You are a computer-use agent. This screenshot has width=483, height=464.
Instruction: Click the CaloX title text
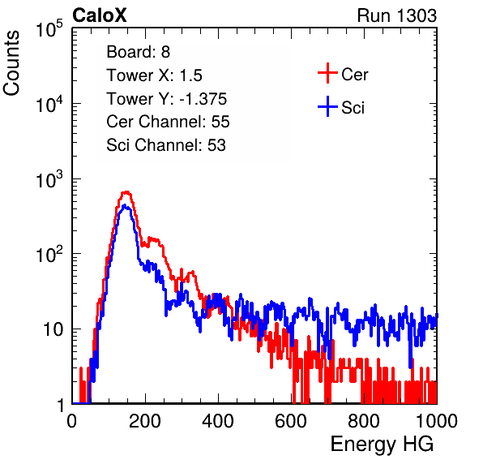99,15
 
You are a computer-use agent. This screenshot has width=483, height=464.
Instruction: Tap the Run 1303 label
397,15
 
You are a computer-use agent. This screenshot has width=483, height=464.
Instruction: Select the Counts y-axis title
11,63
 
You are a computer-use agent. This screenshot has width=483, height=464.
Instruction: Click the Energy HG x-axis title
382,445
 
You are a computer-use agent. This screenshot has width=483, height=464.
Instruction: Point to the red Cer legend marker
327,73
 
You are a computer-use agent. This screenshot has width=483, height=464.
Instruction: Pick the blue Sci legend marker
327,107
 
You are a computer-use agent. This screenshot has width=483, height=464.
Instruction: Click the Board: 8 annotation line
138,52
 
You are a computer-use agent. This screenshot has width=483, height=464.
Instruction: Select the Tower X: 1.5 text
154,75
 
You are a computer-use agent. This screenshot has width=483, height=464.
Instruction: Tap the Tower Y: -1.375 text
167,99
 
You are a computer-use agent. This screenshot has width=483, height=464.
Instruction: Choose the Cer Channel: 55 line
168,122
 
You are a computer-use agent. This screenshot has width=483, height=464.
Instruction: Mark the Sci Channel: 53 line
166,145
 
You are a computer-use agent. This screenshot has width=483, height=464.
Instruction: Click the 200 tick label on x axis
145,421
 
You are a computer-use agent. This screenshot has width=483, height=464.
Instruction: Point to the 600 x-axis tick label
291,421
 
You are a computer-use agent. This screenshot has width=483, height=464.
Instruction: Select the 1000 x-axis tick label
437,421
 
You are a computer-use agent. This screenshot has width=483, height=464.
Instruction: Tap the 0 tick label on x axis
72,421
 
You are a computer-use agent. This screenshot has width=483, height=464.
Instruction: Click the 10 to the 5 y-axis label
49,29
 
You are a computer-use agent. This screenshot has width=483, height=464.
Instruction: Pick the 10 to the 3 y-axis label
49,179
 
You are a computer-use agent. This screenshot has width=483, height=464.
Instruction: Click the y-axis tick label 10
53,329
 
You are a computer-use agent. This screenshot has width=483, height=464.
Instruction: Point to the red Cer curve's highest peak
126,192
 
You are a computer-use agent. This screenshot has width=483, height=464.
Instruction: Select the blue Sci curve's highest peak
125,205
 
